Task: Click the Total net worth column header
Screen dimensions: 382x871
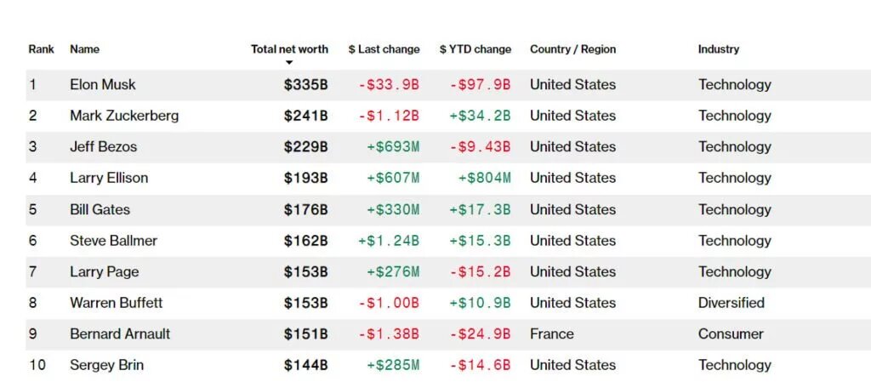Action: click(x=289, y=49)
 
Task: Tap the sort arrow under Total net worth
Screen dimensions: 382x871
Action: click(x=289, y=63)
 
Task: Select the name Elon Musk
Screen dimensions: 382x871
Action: click(x=103, y=84)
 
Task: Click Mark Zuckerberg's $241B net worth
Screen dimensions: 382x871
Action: click(x=306, y=116)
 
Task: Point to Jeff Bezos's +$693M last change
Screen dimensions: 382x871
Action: click(x=393, y=147)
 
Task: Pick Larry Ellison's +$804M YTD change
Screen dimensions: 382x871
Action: click(x=484, y=178)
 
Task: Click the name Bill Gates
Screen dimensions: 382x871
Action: click(x=100, y=209)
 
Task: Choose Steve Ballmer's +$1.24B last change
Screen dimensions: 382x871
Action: click(x=389, y=241)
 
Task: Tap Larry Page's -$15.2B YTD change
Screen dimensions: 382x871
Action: click(x=480, y=272)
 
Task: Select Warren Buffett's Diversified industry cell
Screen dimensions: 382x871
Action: click(x=732, y=303)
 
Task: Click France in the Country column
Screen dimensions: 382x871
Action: click(x=552, y=334)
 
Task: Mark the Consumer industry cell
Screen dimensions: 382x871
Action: click(x=731, y=334)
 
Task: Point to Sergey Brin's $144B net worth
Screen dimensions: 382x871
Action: click(x=306, y=366)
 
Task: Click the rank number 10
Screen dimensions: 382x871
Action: click(x=38, y=366)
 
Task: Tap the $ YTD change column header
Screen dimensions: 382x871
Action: click(x=475, y=49)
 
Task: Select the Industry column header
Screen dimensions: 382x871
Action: click(x=719, y=49)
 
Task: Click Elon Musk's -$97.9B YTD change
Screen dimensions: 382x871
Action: click(x=480, y=84)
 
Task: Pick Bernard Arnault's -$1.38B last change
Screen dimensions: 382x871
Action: click(x=389, y=334)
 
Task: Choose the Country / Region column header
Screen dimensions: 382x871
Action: click(x=572, y=49)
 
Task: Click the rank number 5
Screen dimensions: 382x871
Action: click(x=33, y=209)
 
